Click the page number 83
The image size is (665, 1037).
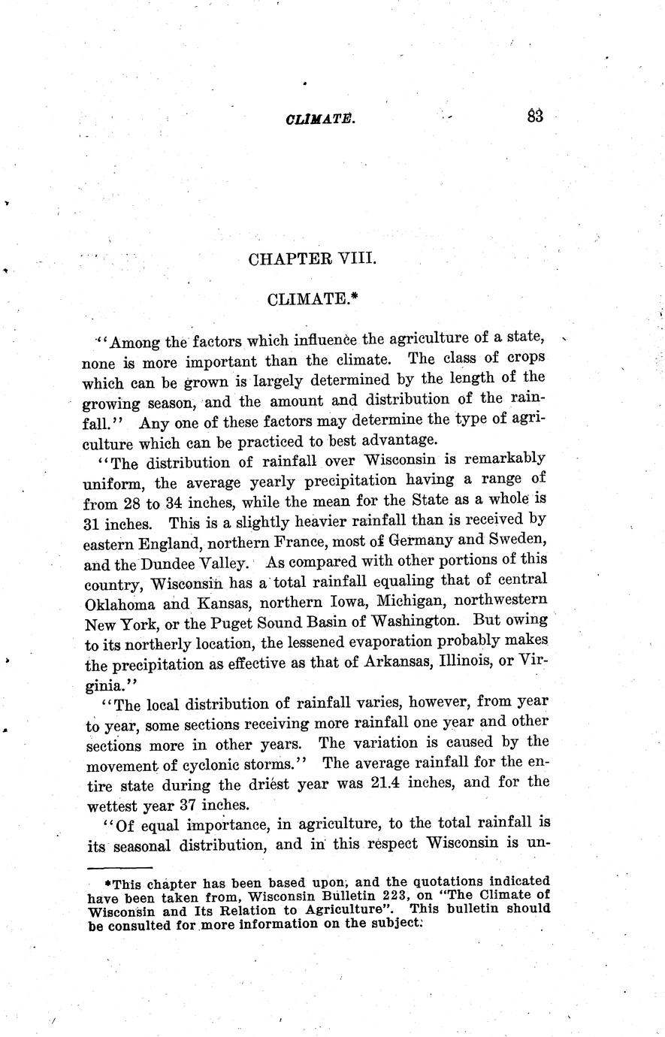(535, 116)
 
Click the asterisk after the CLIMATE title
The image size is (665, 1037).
(354, 298)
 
